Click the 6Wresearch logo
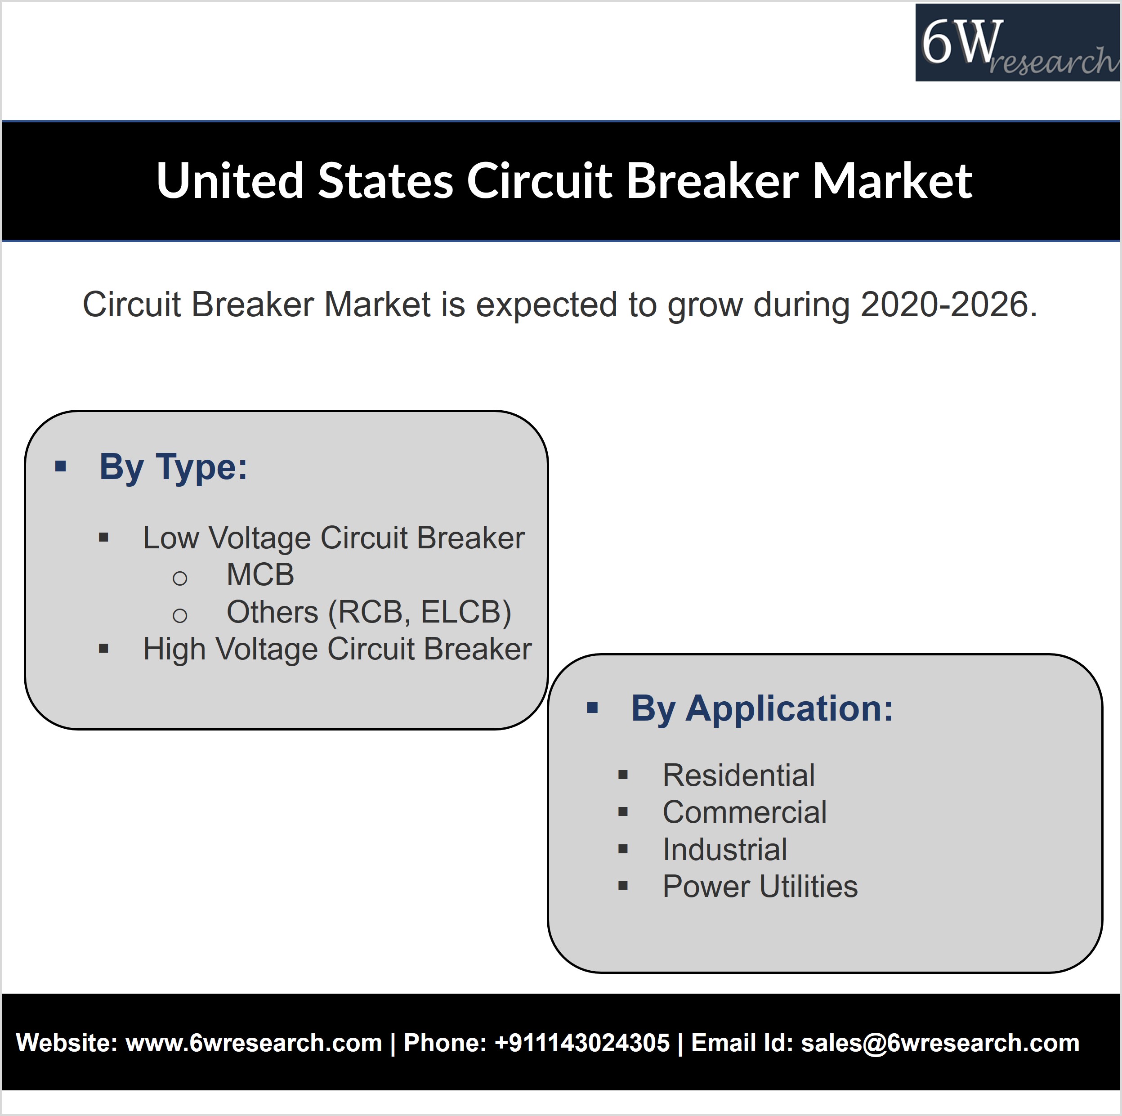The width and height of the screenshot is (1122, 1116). [1018, 42]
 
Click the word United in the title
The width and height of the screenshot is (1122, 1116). [230, 181]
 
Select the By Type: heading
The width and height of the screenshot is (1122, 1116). [173, 466]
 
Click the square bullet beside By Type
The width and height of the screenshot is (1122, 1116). [60, 466]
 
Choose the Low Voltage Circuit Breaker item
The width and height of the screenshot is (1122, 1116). [334, 538]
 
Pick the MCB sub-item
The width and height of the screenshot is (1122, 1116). [260, 574]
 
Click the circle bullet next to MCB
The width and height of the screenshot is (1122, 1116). [180, 578]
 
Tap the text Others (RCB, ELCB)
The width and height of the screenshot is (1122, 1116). [369, 612]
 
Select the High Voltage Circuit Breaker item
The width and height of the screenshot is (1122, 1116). [337, 649]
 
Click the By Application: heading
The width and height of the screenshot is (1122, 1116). [762, 709]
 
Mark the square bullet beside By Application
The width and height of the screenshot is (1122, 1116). [592, 708]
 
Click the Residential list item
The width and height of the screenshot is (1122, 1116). [739, 775]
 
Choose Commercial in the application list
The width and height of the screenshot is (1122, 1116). [745, 812]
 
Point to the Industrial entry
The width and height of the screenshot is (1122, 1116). [725, 849]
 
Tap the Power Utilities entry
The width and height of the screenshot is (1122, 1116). [760, 887]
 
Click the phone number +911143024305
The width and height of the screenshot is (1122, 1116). [582, 1043]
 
